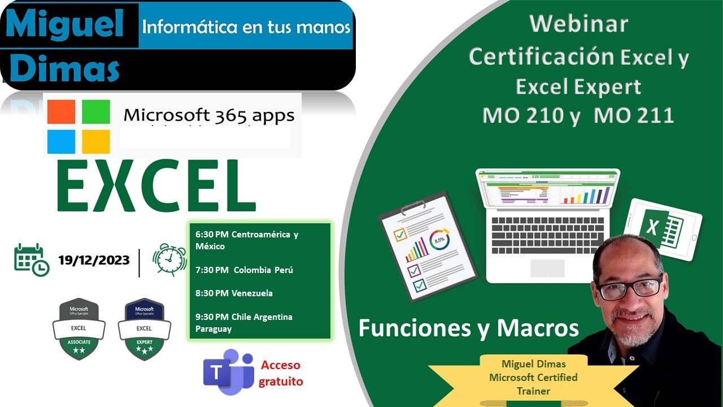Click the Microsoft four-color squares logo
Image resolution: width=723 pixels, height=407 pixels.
pyautogui.click(x=79, y=127)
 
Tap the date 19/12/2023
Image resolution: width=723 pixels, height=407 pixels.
pyautogui.click(x=94, y=260)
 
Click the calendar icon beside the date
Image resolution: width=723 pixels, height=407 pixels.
pyautogui.click(x=31, y=259)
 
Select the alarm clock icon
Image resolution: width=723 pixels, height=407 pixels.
pyautogui.click(x=170, y=259)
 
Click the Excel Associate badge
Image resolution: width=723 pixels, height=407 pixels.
pyautogui.click(x=79, y=329)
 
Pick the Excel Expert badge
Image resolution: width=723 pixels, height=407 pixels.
pyautogui.click(x=143, y=329)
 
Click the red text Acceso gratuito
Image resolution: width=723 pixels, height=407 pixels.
pyautogui.click(x=281, y=373)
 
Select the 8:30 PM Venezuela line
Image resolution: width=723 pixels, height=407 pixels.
pyautogui.click(x=234, y=293)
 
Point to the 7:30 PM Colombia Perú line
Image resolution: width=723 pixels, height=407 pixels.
pyautogui.click(x=244, y=270)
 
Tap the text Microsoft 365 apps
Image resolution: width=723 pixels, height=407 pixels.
pyautogui.click(x=209, y=116)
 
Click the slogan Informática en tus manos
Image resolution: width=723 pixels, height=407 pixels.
pyautogui.click(x=246, y=27)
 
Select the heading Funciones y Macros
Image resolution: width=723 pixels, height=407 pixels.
pyautogui.click(x=469, y=328)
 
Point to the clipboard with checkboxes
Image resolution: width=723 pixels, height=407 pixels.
pyautogui.click(x=426, y=243)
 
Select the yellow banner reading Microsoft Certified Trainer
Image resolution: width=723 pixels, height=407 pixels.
pyautogui.click(x=533, y=377)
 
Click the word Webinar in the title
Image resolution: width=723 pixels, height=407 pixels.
pyautogui.click(x=578, y=24)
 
